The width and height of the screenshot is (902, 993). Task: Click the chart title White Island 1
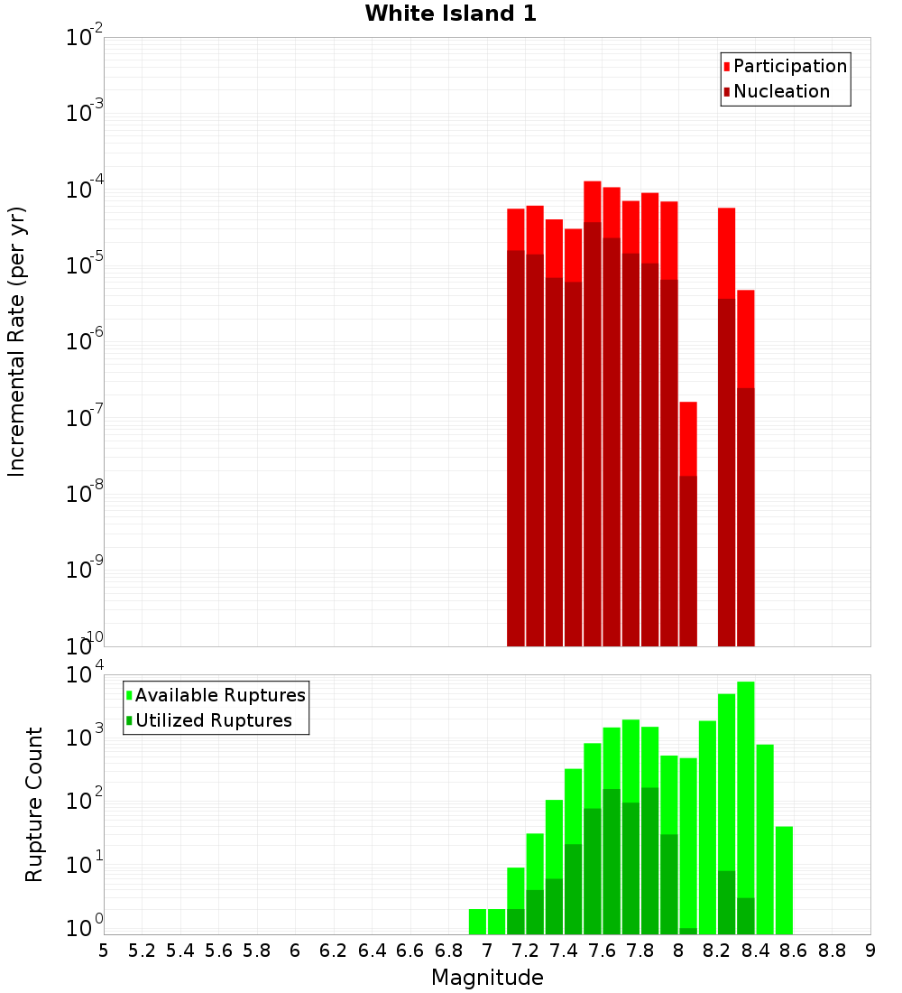tap(450, 14)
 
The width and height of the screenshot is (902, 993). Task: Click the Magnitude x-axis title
tap(487, 978)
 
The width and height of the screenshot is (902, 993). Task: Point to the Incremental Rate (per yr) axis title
tap(17, 341)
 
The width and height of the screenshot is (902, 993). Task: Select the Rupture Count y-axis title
tap(34, 803)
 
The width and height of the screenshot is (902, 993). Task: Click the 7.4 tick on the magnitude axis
tap(564, 951)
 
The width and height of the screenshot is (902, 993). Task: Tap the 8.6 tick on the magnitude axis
tap(794, 951)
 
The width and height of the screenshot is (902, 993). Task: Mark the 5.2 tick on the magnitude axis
tap(142, 951)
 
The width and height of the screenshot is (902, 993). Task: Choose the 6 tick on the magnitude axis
tap(295, 951)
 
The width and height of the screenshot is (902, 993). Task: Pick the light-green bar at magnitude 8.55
tap(784, 880)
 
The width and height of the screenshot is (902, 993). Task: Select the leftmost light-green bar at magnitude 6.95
tap(478, 921)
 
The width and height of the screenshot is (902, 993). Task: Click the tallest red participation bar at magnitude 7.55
tap(593, 200)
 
